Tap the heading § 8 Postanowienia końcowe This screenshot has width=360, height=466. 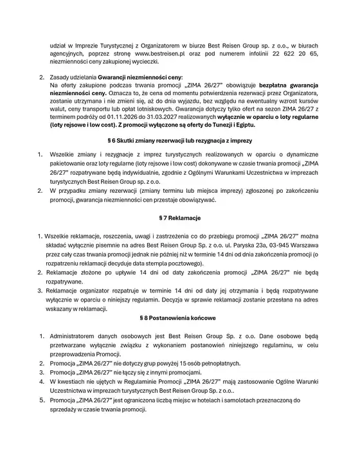coord(179,318)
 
